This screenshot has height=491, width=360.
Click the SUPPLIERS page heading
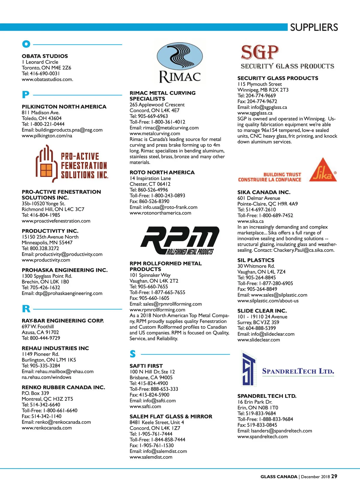tap(314, 27)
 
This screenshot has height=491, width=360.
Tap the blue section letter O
tap(26, 44)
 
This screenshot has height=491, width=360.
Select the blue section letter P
tap(25, 95)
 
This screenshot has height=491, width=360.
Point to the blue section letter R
tap(26, 309)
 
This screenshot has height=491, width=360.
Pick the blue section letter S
tap(133, 354)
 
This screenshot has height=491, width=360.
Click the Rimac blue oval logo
tap(180, 57)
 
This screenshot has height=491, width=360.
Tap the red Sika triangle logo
tap(323, 170)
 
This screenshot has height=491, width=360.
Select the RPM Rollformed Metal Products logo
tap(179, 240)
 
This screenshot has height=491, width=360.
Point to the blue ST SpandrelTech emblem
tap(248, 369)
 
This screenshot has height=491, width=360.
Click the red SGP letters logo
tap(260, 52)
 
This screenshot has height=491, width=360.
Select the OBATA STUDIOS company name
tap(45, 56)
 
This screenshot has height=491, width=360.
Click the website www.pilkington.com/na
tap(47, 136)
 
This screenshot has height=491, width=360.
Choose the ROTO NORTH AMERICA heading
tap(162, 172)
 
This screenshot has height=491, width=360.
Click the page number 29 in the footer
tap(334, 476)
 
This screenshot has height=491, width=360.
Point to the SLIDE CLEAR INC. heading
tap(262, 311)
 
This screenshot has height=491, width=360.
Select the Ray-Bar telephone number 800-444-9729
tap(45, 338)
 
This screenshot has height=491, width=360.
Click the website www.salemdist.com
tap(151, 457)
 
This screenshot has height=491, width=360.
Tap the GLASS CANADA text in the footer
tap(279, 477)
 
